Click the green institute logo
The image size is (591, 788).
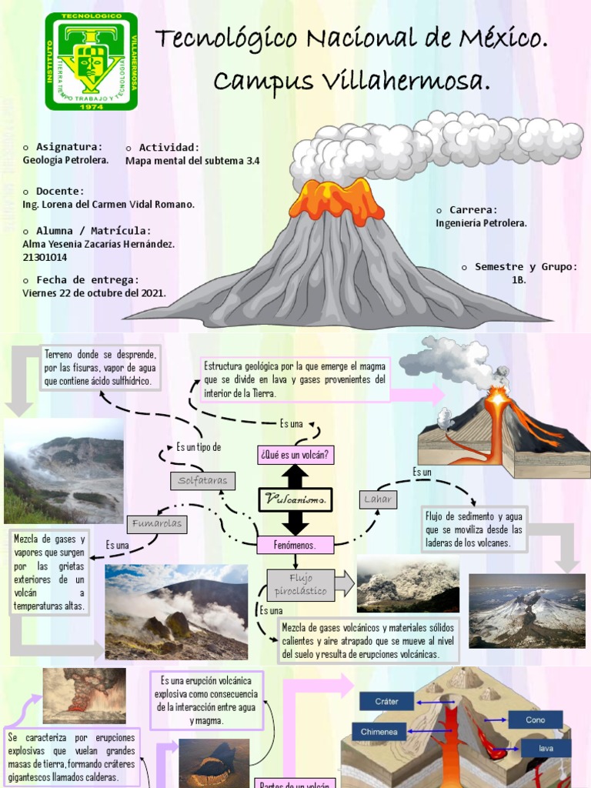[92, 62]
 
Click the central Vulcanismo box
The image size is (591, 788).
[295, 499]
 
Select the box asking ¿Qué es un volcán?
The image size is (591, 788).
[295, 455]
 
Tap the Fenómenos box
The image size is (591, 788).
[295, 545]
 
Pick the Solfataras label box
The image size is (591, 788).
[202, 480]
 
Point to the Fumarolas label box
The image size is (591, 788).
[157, 524]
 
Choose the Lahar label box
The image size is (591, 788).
[378, 499]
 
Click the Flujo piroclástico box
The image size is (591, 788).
[300, 585]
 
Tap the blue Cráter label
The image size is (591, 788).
[386, 701]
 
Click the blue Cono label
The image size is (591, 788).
[535, 720]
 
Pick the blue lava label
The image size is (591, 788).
[546, 748]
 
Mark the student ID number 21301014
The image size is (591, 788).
[45, 258]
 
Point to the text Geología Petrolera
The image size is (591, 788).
[65, 160]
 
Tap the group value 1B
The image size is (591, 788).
[519, 280]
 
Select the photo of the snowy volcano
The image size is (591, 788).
[526, 611]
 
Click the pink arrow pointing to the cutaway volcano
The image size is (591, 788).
[418, 395]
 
